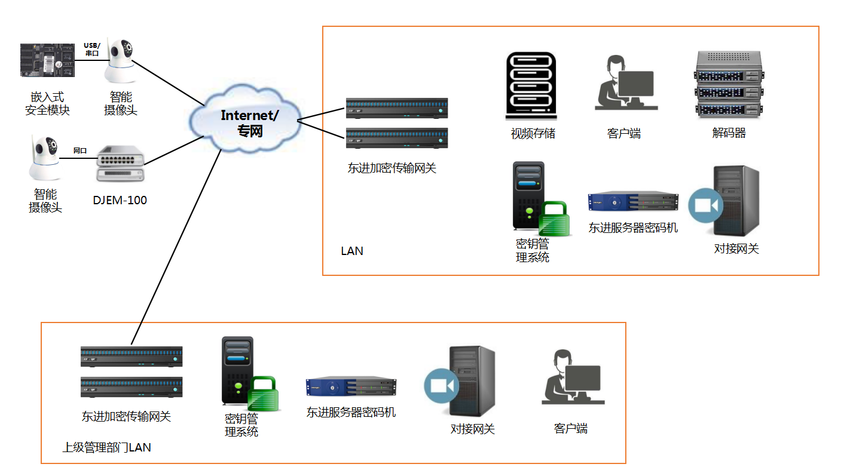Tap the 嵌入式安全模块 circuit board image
[48, 60]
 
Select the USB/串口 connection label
[92, 49]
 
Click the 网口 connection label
[80, 150]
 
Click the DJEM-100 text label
[120, 200]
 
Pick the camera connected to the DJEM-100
[45, 158]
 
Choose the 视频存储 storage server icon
[531, 84]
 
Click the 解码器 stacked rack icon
[729, 84]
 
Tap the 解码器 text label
[729, 133]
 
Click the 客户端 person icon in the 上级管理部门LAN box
[571, 377]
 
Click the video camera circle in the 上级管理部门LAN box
[442, 386]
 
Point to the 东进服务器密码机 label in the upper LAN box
[633, 228]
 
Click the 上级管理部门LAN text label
[106, 447]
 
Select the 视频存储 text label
[533, 133]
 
